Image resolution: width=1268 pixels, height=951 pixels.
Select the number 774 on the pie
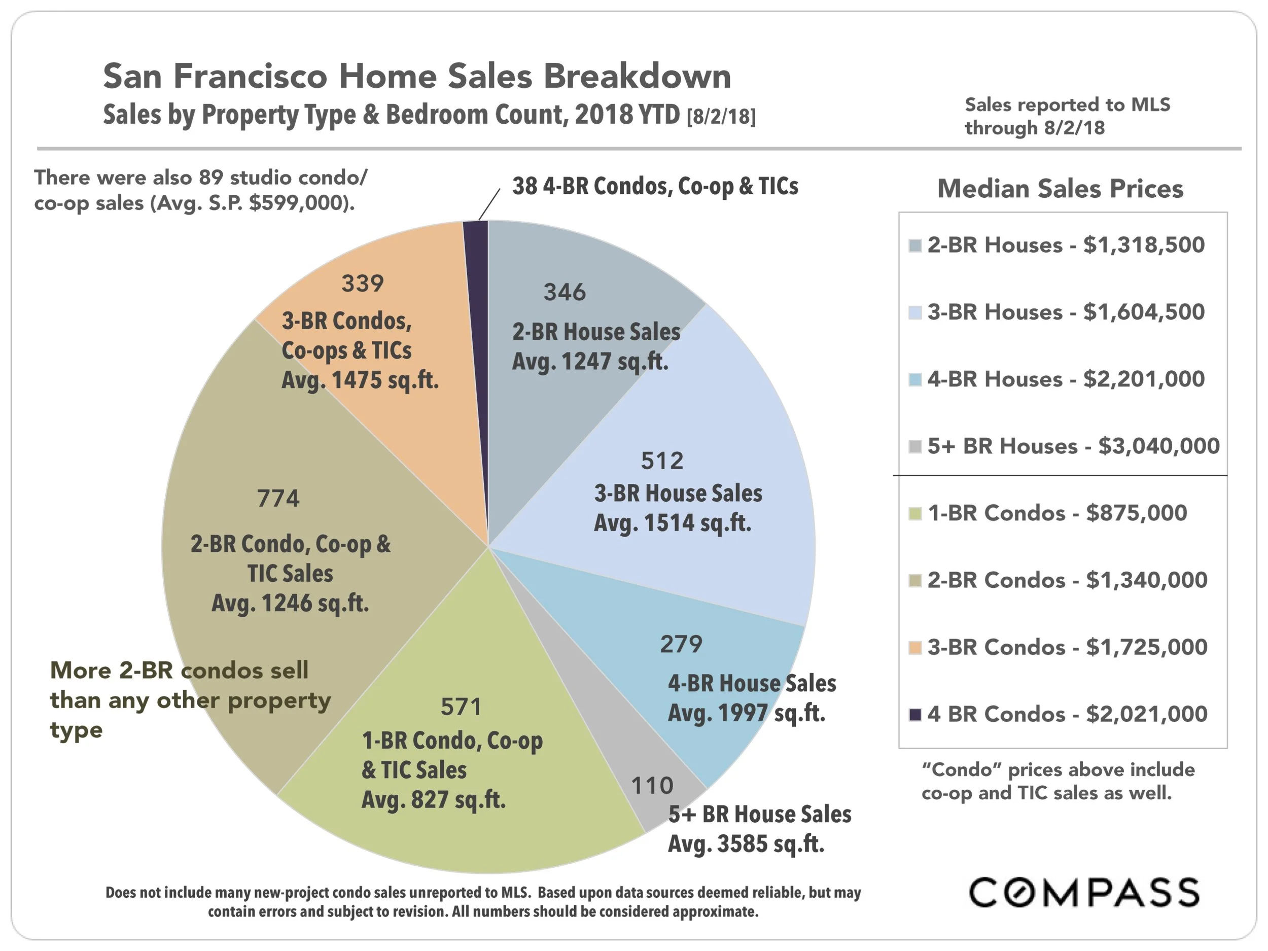coord(278,498)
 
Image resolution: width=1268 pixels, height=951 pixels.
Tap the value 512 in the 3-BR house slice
coord(662,461)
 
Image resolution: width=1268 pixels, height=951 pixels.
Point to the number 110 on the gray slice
coord(652,785)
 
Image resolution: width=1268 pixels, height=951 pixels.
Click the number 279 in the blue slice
coord(681,644)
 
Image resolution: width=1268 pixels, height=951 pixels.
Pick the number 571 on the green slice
coord(461,707)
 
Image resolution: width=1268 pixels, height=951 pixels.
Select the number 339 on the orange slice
coord(362,283)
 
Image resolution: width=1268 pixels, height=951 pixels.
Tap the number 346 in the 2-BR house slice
coord(565,292)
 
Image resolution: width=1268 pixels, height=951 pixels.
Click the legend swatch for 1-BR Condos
coord(915,514)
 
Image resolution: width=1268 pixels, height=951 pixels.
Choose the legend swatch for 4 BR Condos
coord(915,714)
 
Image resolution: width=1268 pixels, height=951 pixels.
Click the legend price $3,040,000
coord(1158,446)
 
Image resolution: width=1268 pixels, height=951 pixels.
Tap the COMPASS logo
coord(1083,893)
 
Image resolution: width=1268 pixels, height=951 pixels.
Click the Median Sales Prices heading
coord(1060,189)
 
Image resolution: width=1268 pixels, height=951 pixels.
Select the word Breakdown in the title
coord(637,76)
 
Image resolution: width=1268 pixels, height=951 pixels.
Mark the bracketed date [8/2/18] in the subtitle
coord(721,116)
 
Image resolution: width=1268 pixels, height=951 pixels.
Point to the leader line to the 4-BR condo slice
coord(489,204)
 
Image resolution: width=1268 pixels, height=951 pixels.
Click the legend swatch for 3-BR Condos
coord(915,648)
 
